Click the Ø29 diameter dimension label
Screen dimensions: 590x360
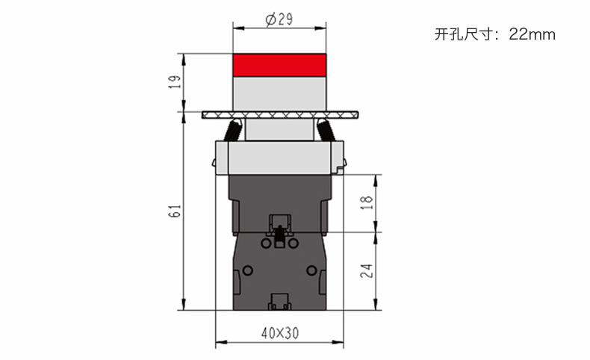click(279, 19)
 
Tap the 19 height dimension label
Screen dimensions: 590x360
click(175, 81)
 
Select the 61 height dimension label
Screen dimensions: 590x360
click(175, 211)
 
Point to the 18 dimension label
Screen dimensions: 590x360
click(367, 202)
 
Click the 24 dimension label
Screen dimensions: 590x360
click(367, 271)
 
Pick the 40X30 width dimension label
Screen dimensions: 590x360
click(280, 333)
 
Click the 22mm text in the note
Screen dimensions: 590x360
click(532, 34)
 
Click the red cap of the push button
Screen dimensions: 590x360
click(279, 65)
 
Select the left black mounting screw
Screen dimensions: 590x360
click(232, 130)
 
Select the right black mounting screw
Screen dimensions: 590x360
click(326, 130)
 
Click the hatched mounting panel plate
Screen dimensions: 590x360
click(280, 115)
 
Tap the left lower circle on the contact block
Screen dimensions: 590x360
click(248, 270)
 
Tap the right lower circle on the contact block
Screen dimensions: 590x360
click(311, 270)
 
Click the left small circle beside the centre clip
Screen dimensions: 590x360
click(266, 243)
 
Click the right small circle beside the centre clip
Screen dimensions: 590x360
click(293, 243)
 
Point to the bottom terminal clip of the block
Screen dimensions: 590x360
click(279, 302)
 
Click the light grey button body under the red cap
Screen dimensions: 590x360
click(279, 93)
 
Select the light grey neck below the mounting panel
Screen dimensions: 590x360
click(279, 130)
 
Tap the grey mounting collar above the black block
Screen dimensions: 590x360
click(279, 158)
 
